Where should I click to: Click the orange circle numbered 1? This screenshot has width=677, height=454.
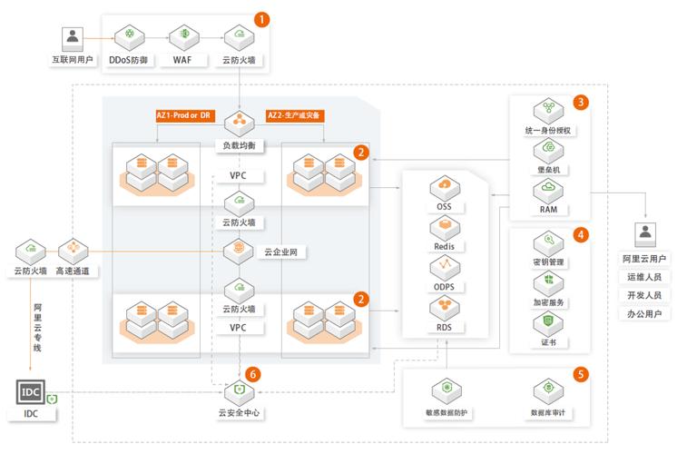point(262,17)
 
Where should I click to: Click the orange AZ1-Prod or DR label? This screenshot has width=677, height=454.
point(185,116)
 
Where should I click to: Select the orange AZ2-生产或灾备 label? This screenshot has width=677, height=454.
point(296,116)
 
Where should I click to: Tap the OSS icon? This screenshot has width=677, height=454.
point(445,187)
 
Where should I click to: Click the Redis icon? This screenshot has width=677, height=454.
point(445,227)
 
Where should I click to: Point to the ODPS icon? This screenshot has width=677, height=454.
point(445,268)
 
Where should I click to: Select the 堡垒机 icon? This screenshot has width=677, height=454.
point(548,151)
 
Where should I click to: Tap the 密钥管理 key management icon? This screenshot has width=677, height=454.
point(548,242)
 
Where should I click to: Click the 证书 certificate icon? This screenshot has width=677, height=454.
point(548,322)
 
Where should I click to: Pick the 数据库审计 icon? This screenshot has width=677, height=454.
point(548,391)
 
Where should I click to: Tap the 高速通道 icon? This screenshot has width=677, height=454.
point(72,249)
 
